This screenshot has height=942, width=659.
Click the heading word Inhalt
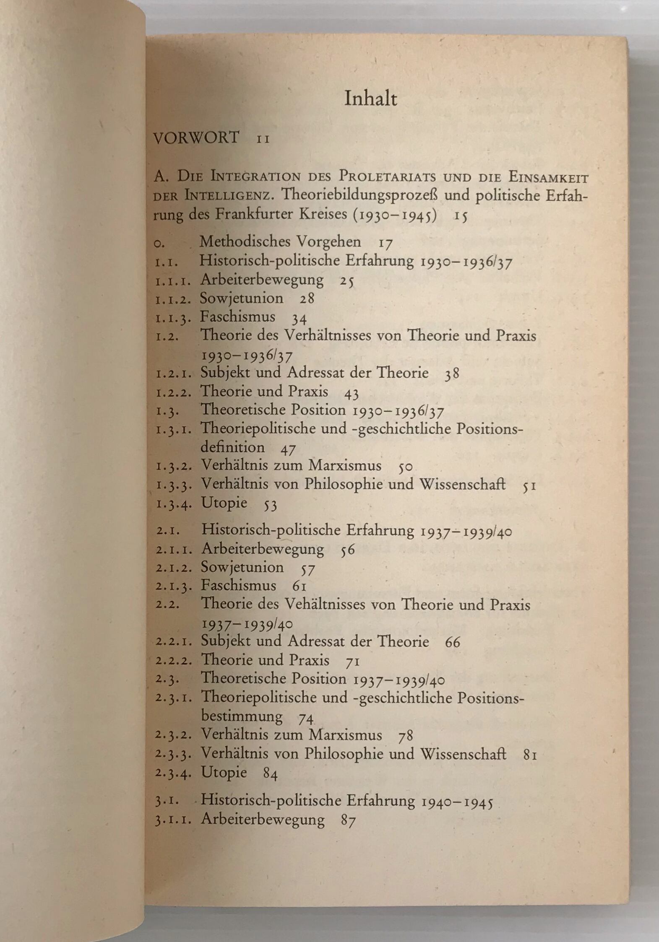[370, 99]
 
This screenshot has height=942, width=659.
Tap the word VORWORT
[196, 138]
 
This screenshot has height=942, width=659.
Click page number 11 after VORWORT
[263, 139]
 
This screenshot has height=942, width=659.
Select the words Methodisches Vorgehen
[280, 241]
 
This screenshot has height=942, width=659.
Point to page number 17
[386, 243]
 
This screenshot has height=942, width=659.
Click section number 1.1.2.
[173, 299]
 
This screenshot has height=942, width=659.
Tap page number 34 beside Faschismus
[300, 318]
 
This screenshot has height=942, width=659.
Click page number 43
[351, 393]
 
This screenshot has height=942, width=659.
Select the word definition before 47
[232, 447]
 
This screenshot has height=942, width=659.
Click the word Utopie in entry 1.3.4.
[224, 503]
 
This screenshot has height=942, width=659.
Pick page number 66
[453, 642]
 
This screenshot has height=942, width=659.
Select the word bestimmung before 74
[242, 716]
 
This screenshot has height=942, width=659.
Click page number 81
[530, 755]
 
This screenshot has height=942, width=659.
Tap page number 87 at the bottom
[349, 820]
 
